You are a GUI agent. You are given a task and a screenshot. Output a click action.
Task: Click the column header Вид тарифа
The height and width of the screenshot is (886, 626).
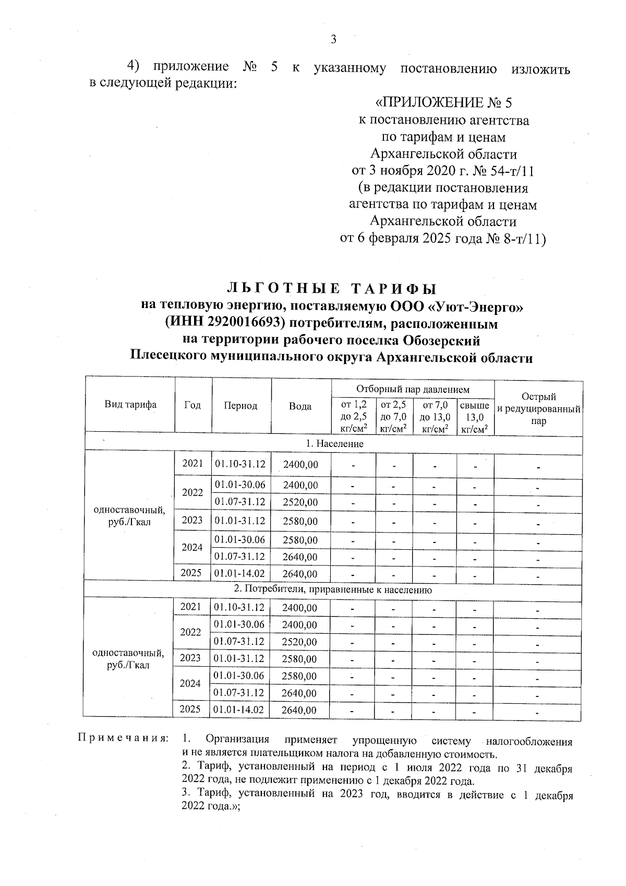pos(130,405)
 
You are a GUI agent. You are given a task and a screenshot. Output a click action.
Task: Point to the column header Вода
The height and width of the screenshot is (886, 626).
pos(300,406)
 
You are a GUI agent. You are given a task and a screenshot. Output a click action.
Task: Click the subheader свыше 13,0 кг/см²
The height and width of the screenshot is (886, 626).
pos(475,417)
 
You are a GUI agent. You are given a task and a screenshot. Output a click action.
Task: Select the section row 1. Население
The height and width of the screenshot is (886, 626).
pos(334,444)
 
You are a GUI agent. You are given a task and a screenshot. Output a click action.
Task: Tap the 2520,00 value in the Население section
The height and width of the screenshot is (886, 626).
pos(300,503)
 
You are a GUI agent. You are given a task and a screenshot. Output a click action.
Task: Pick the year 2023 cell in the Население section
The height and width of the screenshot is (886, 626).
pos(192,520)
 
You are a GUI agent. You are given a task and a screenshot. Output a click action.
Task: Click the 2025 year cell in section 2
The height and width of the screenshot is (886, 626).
pos(190,709)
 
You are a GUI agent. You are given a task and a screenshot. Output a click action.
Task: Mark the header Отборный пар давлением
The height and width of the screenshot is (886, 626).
pos(413,389)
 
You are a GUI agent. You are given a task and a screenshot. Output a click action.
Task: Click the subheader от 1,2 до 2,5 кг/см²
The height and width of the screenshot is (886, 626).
pos(353,417)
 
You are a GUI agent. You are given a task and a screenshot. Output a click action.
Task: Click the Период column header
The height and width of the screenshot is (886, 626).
pos(240,406)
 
